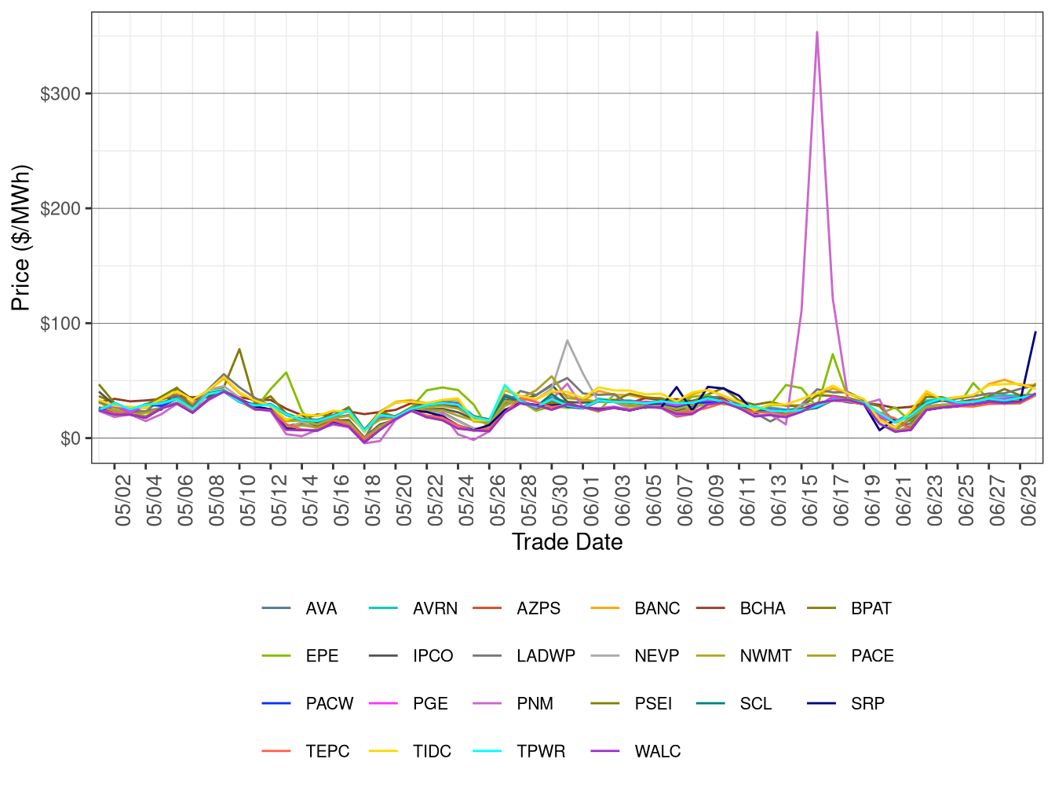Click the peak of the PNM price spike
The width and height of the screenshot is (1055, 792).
click(x=817, y=32)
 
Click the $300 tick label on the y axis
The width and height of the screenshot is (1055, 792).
click(x=60, y=94)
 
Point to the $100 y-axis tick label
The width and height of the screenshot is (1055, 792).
click(x=60, y=324)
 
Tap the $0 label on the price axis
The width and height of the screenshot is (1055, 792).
click(x=70, y=438)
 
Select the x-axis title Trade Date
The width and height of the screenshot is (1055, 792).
click(x=567, y=542)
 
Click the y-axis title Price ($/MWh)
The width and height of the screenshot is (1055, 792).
click(x=21, y=237)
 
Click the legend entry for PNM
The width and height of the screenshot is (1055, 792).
click(x=535, y=704)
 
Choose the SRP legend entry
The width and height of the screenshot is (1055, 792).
click(x=867, y=704)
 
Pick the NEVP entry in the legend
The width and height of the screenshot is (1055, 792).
click(x=656, y=656)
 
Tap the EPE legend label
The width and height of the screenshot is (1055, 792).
click(x=322, y=656)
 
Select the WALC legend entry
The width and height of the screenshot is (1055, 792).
click(x=657, y=752)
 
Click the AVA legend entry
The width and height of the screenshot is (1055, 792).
click(x=321, y=609)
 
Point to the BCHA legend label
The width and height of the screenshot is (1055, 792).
click(x=762, y=609)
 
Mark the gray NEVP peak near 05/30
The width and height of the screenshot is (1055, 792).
click(x=567, y=340)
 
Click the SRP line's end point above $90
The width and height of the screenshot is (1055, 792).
click(x=1035, y=332)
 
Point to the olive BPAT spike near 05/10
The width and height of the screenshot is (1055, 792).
click(x=239, y=349)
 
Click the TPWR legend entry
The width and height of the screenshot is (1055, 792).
click(x=541, y=752)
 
